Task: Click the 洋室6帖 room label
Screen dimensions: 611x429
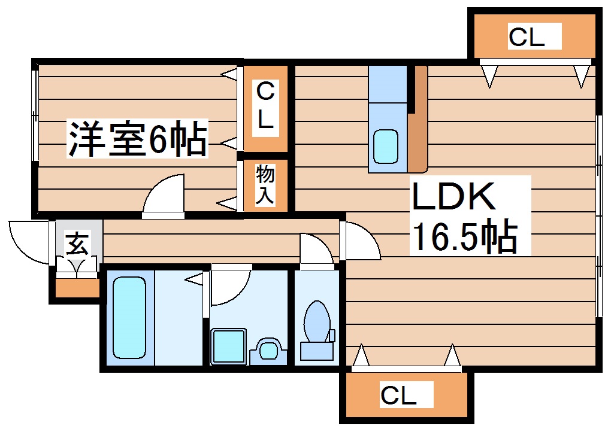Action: tap(137, 139)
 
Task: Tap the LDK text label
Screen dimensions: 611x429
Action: tap(453, 197)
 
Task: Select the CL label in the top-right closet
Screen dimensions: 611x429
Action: tap(527, 37)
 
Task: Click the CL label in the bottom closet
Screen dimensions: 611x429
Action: tap(398, 395)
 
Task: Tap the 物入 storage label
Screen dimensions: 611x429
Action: tap(265, 185)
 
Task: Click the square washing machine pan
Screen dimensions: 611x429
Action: tap(228, 345)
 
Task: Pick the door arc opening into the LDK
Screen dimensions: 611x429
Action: tap(361, 241)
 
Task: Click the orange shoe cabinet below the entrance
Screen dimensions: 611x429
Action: tap(77, 288)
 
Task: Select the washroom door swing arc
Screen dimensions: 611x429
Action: tap(228, 286)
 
